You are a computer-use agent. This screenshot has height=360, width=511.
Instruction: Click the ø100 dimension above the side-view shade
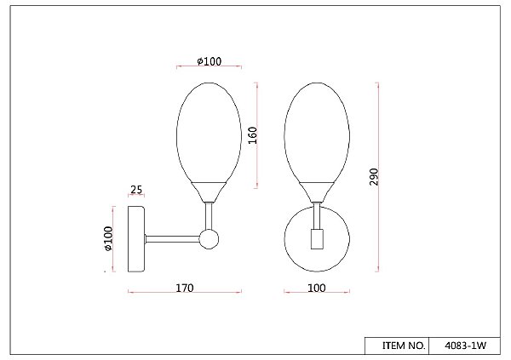pyautogui.click(x=210, y=61)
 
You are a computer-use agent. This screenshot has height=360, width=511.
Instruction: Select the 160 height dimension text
pyautogui.click(x=253, y=135)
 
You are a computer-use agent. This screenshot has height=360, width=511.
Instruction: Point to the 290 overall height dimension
pyautogui.click(x=374, y=177)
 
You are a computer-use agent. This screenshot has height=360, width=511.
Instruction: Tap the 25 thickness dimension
pyautogui.click(x=136, y=189)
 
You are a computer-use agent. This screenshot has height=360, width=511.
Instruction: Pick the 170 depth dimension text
pyautogui.click(x=185, y=288)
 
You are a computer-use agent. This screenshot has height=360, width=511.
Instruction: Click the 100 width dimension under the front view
pyautogui.click(x=317, y=288)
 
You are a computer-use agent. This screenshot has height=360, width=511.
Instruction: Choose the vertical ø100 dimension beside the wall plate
pyautogui.click(x=108, y=239)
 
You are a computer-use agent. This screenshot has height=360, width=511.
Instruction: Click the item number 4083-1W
pyautogui.click(x=465, y=346)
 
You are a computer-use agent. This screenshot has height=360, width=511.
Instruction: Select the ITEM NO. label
pyautogui.click(x=404, y=346)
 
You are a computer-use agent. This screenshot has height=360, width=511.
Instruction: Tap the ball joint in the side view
pyautogui.click(x=209, y=239)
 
